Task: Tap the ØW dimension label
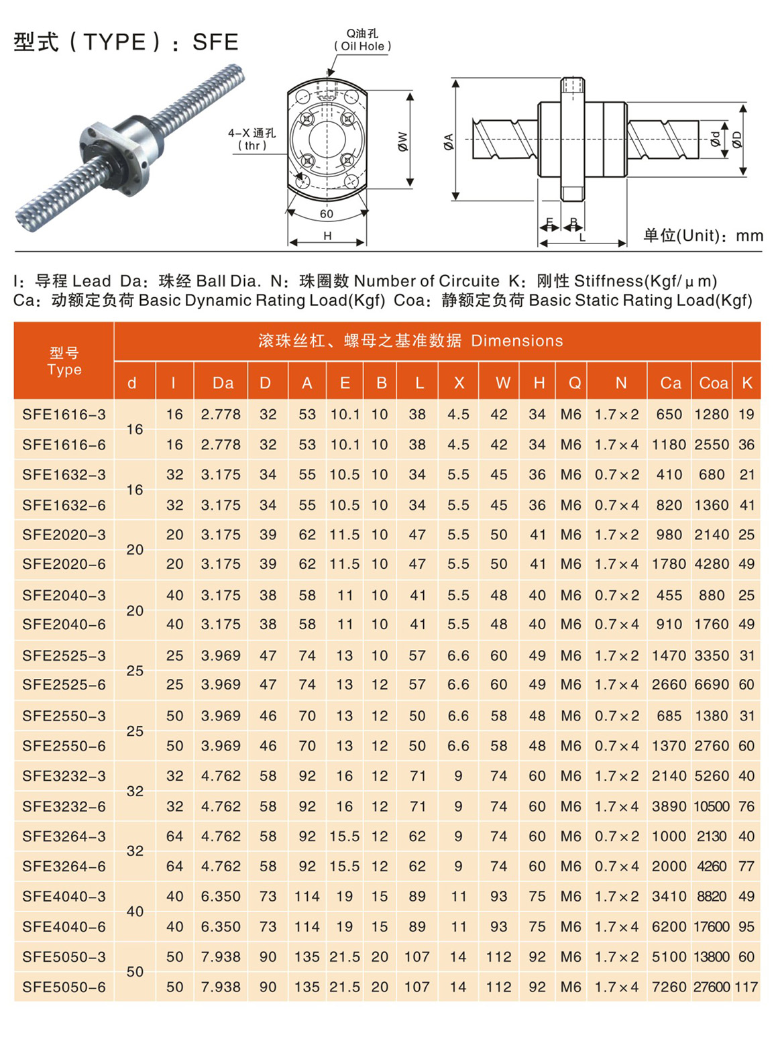pos(402,141)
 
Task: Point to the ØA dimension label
pos(449,141)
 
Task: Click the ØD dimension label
pos(738,140)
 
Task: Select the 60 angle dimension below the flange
pos(327,214)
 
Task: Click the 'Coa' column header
pos(713,383)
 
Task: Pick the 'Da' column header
pos(223,383)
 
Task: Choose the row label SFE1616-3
pos(64,415)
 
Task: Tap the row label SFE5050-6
pos(64,987)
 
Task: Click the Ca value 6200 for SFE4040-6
pos(669,926)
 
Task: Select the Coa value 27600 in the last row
pos(712,987)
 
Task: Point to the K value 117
pos(746,987)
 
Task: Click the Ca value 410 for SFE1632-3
pos(669,475)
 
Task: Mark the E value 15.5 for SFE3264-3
pos(344,836)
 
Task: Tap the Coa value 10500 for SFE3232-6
pos(712,806)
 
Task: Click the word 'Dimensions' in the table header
pos(517,341)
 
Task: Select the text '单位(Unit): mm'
pos(703,235)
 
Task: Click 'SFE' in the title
pos(215,42)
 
